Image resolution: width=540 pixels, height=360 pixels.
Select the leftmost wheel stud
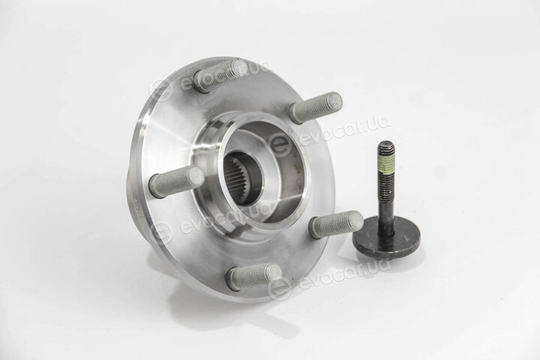[177, 181]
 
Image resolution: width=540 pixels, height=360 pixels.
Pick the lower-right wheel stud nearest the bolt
[336, 223]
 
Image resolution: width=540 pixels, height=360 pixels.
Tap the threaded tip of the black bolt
[386, 148]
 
